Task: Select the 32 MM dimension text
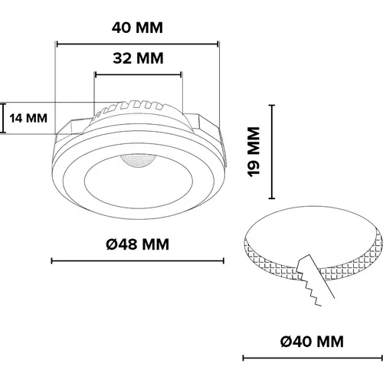[x=138, y=59]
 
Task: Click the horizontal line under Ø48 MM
[x=138, y=261]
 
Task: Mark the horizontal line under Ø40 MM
[x=312, y=357]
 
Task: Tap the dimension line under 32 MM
[x=138, y=74]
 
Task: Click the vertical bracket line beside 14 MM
[x=2, y=118]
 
